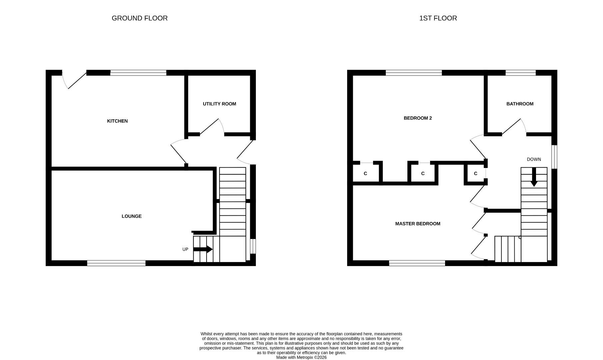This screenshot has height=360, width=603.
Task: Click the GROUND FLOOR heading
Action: pyautogui.click(x=140, y=18)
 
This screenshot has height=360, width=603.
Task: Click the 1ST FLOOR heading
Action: pyautogui.click(x=438, y=18)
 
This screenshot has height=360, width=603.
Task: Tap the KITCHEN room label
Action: pyautogui.click(x=117, y=121)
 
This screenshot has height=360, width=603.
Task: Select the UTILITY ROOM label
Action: pyautogui.click(x=219, y=104)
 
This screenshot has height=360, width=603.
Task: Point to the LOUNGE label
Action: pyautogui.click(x=132, y=216)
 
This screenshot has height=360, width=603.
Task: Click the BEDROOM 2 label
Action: pyautogui.click(x=417, y=118)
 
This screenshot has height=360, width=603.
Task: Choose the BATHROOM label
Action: pyautogui.click(x=520, y=104)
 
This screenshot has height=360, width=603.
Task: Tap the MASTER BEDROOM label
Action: pyautogui.click(x=417, y=224)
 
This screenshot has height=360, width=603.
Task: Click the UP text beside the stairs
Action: pyautogui.click(x=185, y=249)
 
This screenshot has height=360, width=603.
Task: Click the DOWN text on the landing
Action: pyautogui.click(x=534, y=159)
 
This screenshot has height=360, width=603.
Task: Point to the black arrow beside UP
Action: pyautogui.click(x=203, y=249)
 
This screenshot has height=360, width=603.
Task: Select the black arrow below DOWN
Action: pyautogui.click(x=534, y=177)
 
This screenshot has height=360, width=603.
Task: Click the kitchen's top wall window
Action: pyautogui.click(x=138, y=73)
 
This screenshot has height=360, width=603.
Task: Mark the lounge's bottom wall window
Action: pyautogui.click(x=116, y=263)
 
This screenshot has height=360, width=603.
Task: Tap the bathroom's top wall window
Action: pyautogui.click(x=520, y=73)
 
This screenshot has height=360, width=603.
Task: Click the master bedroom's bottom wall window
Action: pyautogui.click(x=417, y=263)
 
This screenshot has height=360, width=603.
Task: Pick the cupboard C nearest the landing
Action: pyautogui.click(x=475, y=174)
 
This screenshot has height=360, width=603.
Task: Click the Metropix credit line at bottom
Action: pyautogui.click(x=301, y=357)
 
